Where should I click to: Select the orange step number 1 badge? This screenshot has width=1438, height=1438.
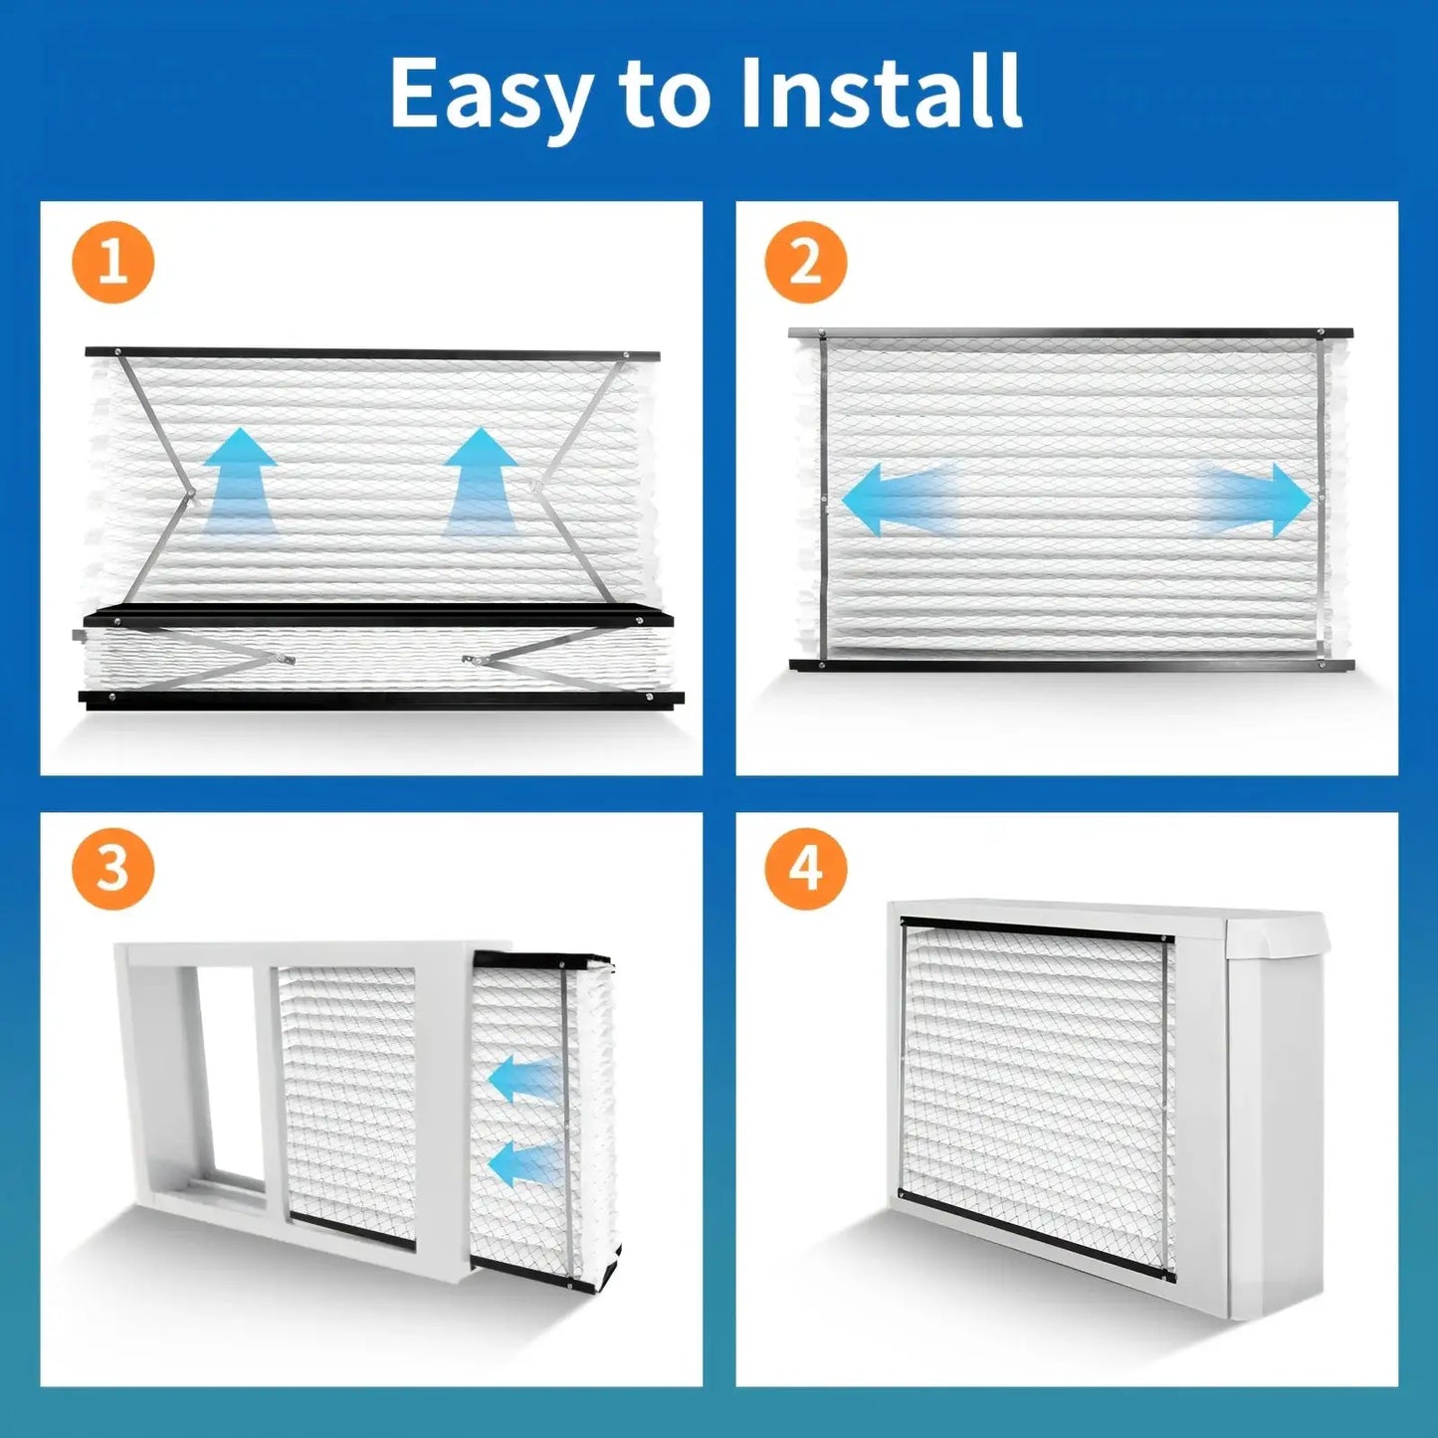112,262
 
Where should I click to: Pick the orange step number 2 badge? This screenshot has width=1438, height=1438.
806,262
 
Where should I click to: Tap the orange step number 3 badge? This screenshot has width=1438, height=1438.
112,868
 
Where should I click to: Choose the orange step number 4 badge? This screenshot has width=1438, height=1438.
806,868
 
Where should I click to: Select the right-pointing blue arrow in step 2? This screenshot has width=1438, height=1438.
1255,500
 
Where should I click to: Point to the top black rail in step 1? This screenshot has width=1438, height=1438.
372,353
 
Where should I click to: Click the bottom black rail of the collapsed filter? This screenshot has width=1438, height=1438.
381,700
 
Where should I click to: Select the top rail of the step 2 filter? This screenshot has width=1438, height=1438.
1071,332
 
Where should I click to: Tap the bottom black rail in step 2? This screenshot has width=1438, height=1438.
1072,664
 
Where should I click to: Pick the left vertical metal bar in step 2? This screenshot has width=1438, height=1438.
822,499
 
